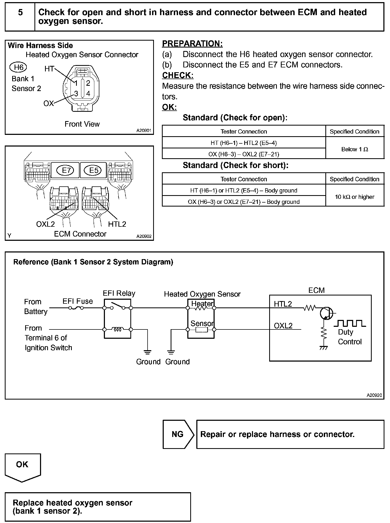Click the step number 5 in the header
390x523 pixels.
[20, 12]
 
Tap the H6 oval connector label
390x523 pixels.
[19, 67]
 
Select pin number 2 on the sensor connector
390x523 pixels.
[88, 83]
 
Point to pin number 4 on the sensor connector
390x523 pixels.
[88, 93]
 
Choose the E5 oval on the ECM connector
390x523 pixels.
[94, 170]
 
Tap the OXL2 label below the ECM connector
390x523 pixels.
[45, 224]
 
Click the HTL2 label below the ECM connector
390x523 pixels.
[117, 224]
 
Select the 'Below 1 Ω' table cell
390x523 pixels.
[354, 149]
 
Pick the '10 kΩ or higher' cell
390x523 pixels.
[354, 197]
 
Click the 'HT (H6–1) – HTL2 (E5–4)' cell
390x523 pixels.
[243, 143]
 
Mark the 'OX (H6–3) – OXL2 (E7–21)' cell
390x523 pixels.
[243, 154]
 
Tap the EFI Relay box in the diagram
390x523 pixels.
[117, 319]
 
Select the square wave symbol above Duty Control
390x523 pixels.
[350, 323]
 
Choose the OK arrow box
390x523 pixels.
[23, 466]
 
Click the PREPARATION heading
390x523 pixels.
[192, 44]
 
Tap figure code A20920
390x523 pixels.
[374, 395]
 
